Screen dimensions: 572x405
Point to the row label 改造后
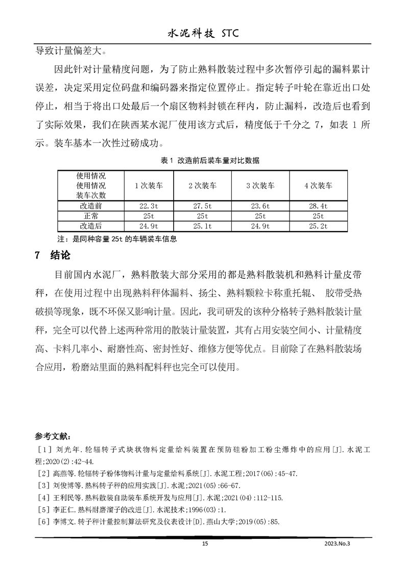click(91, 225)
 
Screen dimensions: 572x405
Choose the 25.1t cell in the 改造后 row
click(203, 225)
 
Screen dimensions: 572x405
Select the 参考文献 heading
click(54, 436)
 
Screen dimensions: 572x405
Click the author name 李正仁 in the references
click(63, 509)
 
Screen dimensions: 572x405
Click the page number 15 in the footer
click(205, 544)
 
